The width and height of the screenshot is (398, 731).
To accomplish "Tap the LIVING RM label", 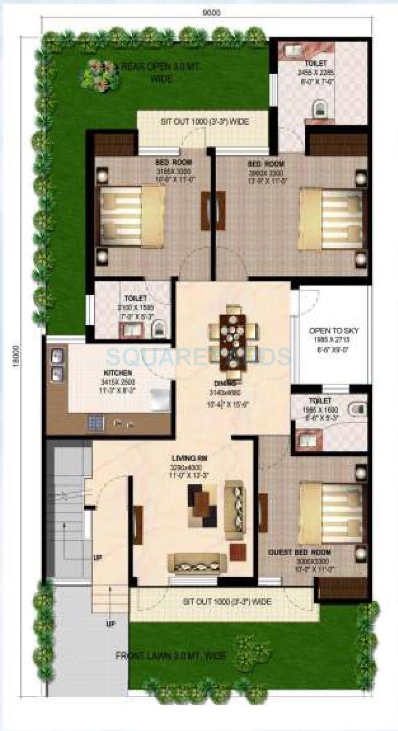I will coord(189,458).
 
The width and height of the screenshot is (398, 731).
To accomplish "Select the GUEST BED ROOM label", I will coord(300,553).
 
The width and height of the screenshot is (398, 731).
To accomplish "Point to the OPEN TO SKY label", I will coord(334,331).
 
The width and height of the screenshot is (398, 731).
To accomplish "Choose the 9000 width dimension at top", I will coord(211,13).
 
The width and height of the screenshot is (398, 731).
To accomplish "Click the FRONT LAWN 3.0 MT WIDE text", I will coord(171,655).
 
